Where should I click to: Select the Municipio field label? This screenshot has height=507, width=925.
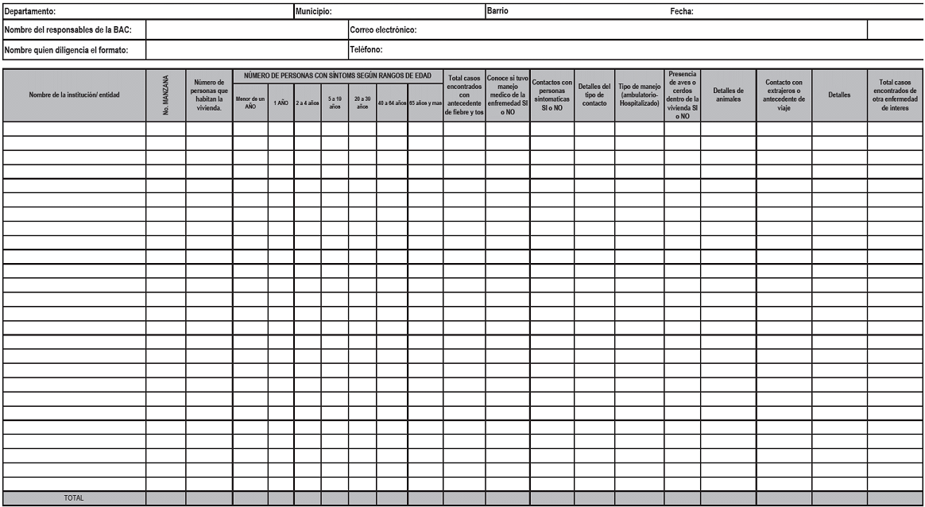[313, 11]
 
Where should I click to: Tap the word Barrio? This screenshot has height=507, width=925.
[497, 11]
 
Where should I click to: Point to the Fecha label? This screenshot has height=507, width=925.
[683, 11]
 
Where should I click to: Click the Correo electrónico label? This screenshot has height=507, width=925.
[384, 30]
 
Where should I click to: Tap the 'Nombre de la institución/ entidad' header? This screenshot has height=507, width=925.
[74, 95]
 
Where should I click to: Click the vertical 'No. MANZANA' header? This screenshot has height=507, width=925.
[165, 95]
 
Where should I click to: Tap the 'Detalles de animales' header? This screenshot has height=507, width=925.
[728, 95]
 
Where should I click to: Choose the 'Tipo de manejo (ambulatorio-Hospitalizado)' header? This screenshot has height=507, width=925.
[640, 95]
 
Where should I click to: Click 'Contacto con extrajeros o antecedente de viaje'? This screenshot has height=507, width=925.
[784, 95]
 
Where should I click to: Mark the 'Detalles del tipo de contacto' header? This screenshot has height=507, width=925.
[594, 95]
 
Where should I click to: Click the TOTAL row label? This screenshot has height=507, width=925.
[74, 498]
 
